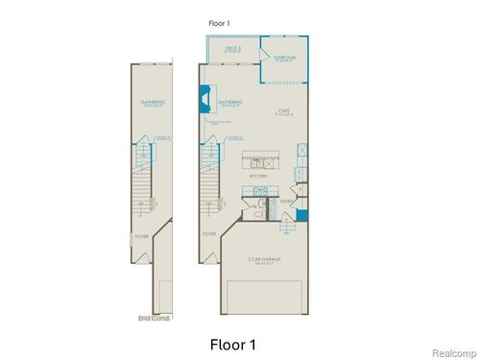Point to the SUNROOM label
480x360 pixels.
(283, 59)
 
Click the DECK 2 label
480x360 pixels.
(233, 48)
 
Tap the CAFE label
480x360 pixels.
(283, 111)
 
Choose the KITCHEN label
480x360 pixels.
(257, 177)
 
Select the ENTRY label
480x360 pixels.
(286, 201)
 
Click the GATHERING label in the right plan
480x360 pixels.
(229, 101)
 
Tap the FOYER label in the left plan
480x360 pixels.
(141, 232)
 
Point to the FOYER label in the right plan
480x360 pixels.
(208, 232)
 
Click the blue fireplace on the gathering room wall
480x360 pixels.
(204, 97)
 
